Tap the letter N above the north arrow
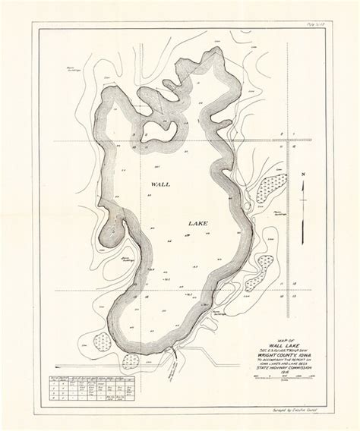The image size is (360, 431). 302,175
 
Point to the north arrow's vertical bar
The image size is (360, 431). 302,190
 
